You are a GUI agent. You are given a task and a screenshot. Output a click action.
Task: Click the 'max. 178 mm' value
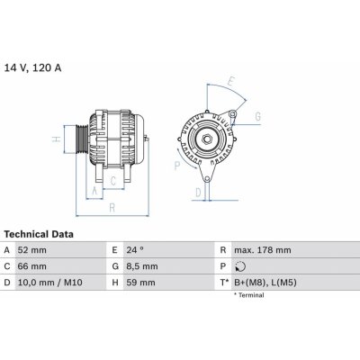(262, 250)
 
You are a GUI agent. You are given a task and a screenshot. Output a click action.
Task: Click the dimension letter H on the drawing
(55, 139)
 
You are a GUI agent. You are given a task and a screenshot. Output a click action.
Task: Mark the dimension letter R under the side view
(112, 208)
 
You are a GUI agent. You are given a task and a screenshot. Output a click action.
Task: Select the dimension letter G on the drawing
(257, 117)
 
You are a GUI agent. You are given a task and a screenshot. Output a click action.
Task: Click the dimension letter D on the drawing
(198, 192)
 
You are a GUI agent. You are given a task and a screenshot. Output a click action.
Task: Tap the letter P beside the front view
(176, 165)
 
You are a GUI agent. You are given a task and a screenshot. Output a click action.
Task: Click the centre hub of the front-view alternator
(206, 138)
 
